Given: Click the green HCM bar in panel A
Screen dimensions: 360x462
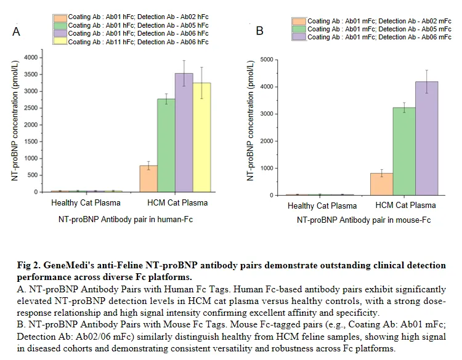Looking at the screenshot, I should (167, 145).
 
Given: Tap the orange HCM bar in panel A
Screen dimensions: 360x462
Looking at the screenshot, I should (149, 178).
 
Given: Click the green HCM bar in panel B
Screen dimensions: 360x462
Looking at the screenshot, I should (403, 151).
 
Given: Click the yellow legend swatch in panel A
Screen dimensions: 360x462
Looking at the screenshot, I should (60, 42).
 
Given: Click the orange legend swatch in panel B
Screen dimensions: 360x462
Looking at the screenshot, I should (298, 22).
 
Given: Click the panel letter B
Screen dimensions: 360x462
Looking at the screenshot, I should (259, 30).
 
